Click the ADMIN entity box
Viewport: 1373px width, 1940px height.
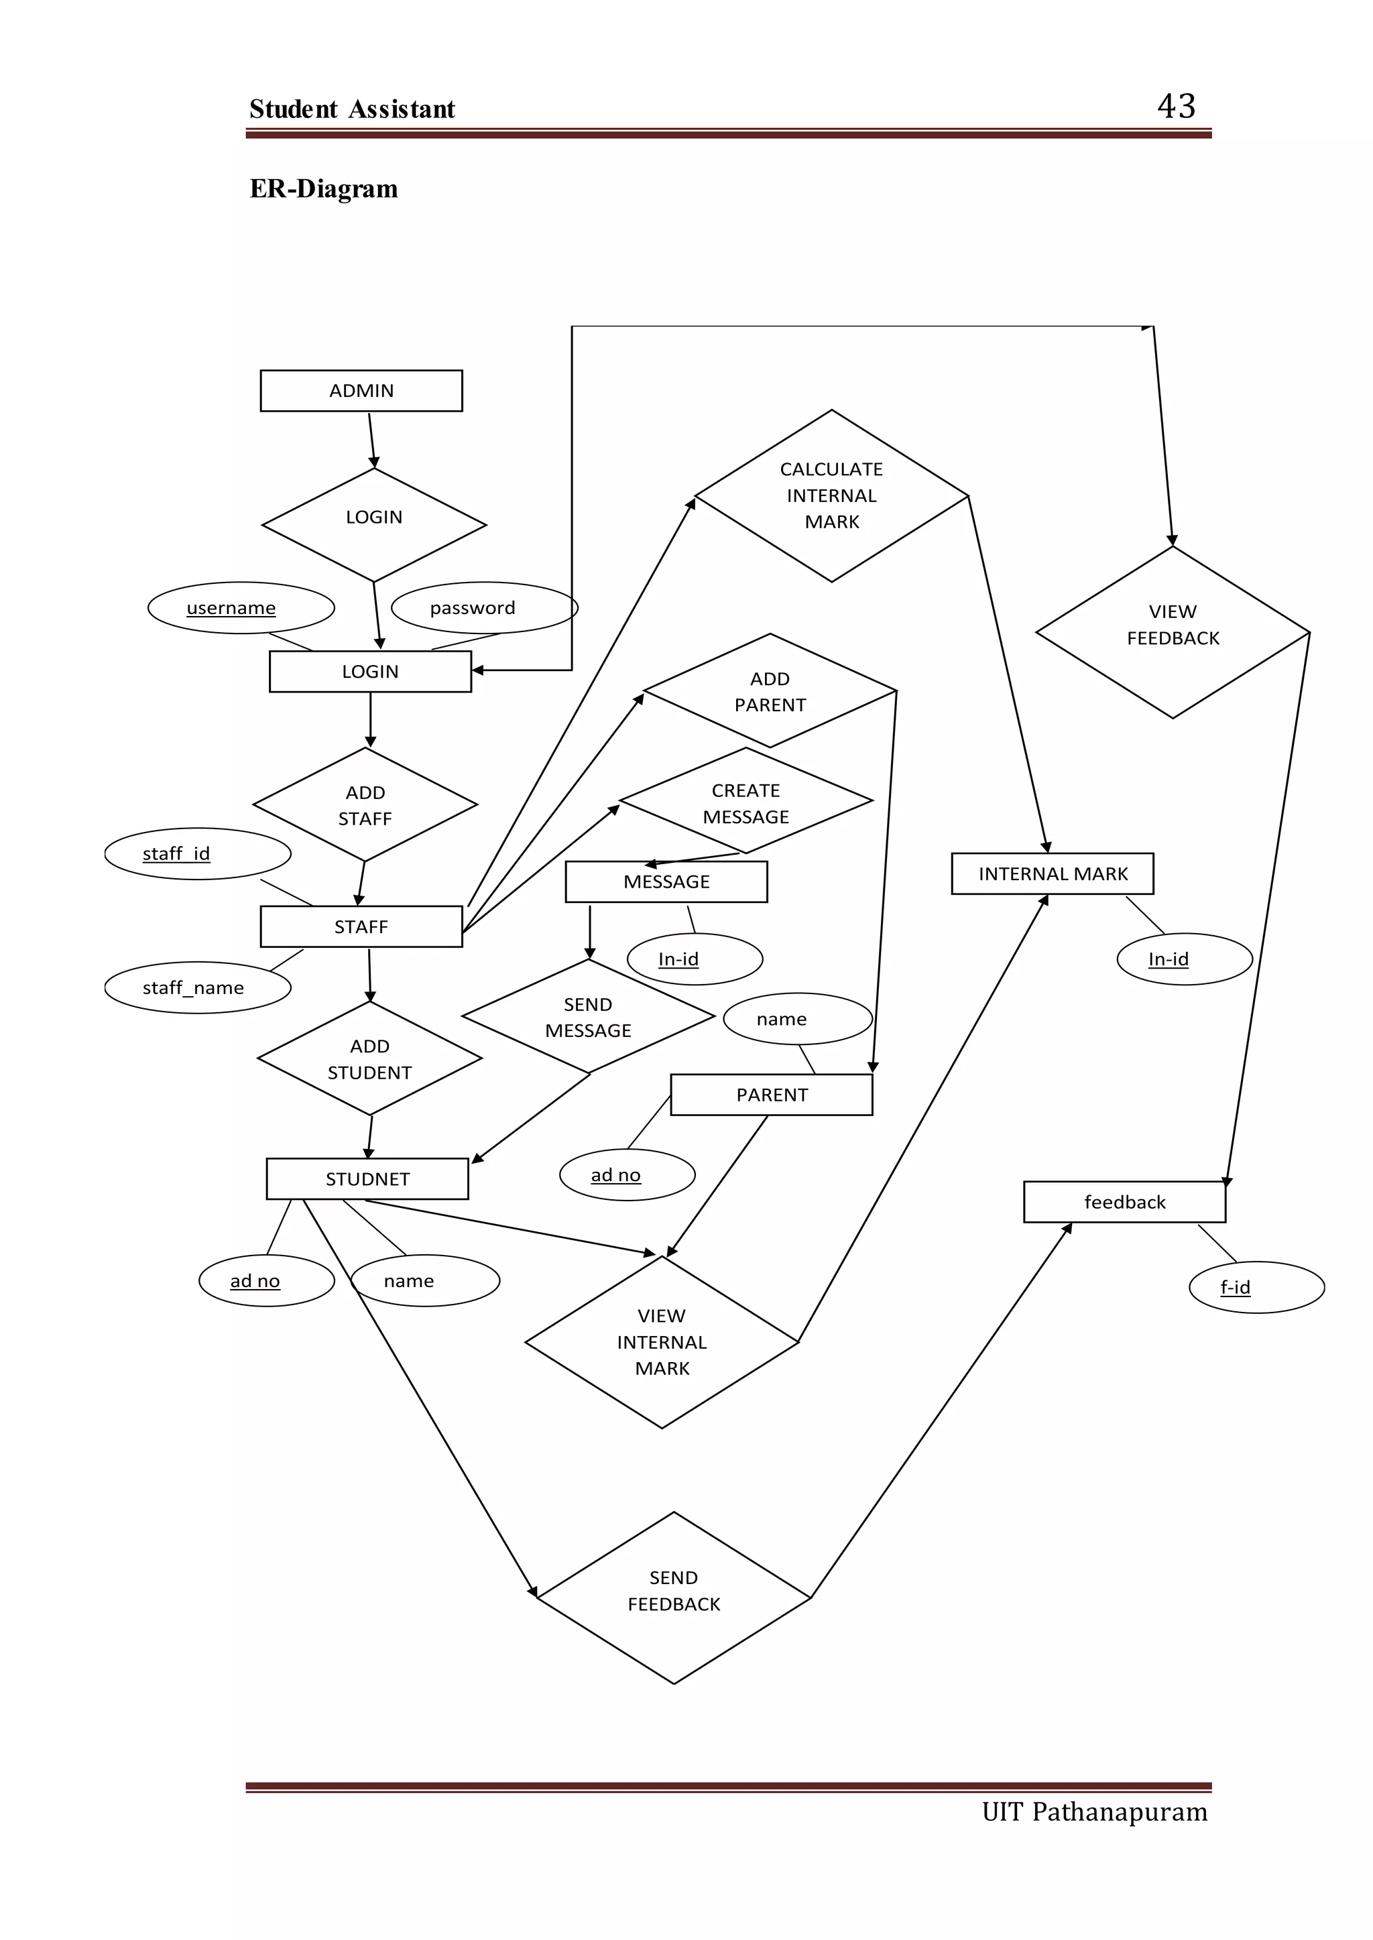[361, 391]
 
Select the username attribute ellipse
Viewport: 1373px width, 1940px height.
[241, 608]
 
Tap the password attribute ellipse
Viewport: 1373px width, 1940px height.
[485, 608]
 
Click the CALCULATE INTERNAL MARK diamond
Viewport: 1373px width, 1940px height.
[831, 495]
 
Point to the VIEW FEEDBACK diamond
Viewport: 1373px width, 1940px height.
[1173, 632]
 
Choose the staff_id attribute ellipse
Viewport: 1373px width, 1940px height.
[198, 854]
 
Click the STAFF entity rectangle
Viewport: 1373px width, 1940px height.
[361, 926]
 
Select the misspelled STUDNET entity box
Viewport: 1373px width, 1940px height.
[367, 1178]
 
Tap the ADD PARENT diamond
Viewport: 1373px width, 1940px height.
[770, 690]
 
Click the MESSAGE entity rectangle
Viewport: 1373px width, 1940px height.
[666, 882]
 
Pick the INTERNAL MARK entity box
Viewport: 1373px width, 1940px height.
[1053, 873]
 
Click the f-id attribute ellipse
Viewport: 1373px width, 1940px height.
[1256, 1286]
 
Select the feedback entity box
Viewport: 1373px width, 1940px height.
[1124, 1201]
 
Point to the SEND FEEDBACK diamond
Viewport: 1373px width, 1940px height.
[674, 1590]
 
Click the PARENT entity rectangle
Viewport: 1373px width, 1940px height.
[771, 1095]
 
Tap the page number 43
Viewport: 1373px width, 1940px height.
[1176, 107]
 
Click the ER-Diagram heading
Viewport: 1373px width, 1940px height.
[324, 188]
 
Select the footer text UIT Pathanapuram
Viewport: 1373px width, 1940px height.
[1094, 1811]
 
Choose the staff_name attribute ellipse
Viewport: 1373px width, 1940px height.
[198, 987]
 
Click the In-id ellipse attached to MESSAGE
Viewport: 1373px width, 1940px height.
[694, 959]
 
